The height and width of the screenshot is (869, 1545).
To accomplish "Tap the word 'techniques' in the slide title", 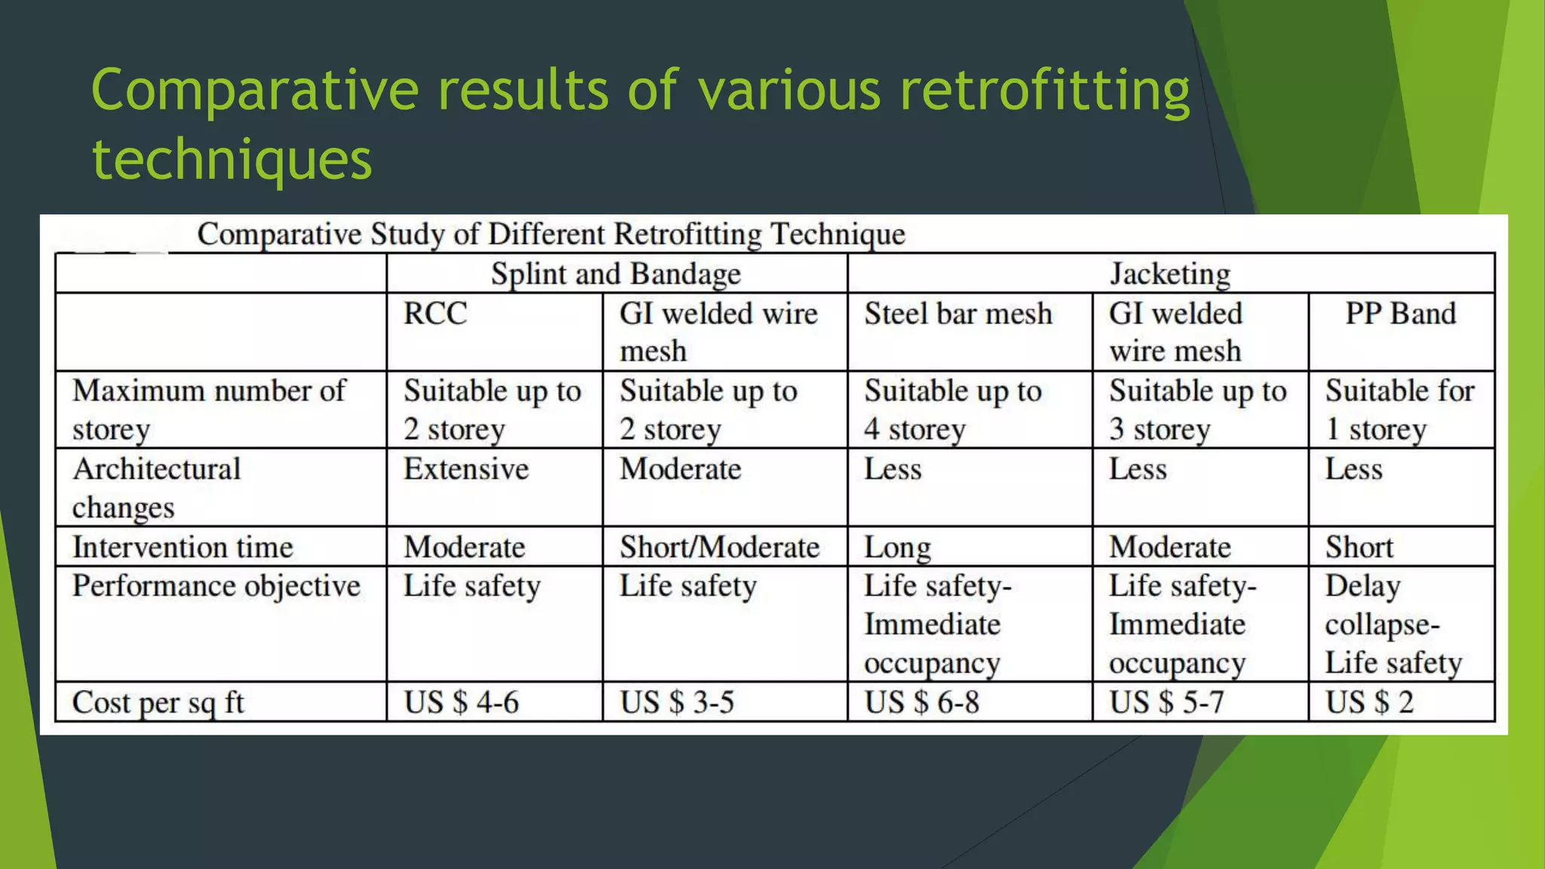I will [x=232, y=159].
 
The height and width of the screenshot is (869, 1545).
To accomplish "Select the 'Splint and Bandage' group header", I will [x=616, y=274].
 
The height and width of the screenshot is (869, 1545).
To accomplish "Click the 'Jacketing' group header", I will [x=1170, y=274].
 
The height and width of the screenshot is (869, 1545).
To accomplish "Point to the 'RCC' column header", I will [x=435, y=314].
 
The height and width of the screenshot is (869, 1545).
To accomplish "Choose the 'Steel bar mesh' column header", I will [x=958, y=314].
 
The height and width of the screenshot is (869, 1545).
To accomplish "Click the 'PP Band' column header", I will [x=1400, y=314].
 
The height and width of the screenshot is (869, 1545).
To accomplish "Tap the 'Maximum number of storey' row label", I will [x=209, y=410].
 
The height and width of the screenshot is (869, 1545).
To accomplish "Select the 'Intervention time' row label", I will [x=183, y=547].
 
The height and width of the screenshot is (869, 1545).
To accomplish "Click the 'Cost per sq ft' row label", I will [x=158, y=702].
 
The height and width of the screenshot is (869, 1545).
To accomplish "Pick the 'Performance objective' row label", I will [x=217, y=586].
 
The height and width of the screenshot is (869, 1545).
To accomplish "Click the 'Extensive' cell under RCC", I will [x=466, y=469].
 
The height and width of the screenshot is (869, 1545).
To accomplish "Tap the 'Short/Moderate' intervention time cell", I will [x=720, y=547].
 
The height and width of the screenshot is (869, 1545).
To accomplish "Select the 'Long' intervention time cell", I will [x=897, y=547].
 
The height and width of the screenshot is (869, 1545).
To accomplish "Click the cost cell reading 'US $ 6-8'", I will [x=921, y=702].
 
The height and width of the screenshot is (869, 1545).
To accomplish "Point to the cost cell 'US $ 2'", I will [x=1369, y=702].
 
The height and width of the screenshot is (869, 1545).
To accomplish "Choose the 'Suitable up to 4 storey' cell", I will [x=953, y=410].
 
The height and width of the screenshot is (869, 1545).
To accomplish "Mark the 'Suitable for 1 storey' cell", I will [x=1399, y=410].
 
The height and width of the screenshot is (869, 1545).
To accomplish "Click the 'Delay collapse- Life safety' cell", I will [x=1393, y=624].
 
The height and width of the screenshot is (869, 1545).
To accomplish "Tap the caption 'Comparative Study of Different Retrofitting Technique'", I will [x=551, y=235].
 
